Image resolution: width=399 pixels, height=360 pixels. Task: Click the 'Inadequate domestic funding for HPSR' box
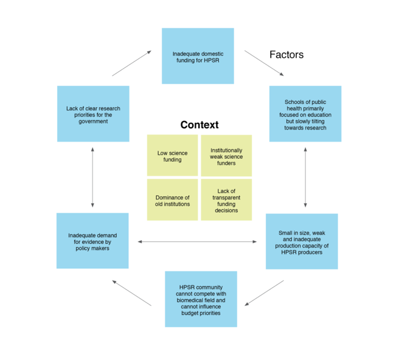(x=198, y=56)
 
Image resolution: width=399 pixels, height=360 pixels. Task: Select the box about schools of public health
(x=305, y=114)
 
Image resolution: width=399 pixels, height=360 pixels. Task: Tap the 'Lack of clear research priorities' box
(x=93, y=114)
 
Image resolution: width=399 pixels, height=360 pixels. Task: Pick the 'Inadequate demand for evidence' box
(x=92, y=241)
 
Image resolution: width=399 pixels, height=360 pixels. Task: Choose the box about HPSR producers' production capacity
(x=302, y=241)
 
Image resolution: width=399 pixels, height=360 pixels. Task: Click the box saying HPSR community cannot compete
(x=201, y=299)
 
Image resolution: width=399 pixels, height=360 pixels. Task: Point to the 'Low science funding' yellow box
(x=173, y=156)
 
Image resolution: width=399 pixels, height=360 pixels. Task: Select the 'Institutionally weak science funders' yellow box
(x=226, y=156)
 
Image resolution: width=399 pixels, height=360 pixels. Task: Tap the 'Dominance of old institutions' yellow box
(x=173, y=200)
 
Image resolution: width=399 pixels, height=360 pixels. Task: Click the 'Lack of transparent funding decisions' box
(x=226, y=200)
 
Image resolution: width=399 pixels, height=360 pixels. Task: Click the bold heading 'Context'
(x=199, y=125)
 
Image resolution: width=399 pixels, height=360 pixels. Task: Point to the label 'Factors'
(x=286, y=55)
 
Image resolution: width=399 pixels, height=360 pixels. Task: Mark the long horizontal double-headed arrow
(x=197, y=242)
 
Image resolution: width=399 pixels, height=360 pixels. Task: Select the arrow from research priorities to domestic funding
(x=131, y=63)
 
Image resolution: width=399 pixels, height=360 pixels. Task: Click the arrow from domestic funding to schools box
(x=264, y=63)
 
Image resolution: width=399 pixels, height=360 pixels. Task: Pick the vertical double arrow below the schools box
(x=305, y=177)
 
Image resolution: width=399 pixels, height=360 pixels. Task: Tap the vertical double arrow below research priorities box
(x=92, y=177)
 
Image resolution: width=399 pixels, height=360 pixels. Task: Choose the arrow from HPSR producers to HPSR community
(x=264, y=292)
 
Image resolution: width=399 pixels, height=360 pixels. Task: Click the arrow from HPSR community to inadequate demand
(x=132, y=292)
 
